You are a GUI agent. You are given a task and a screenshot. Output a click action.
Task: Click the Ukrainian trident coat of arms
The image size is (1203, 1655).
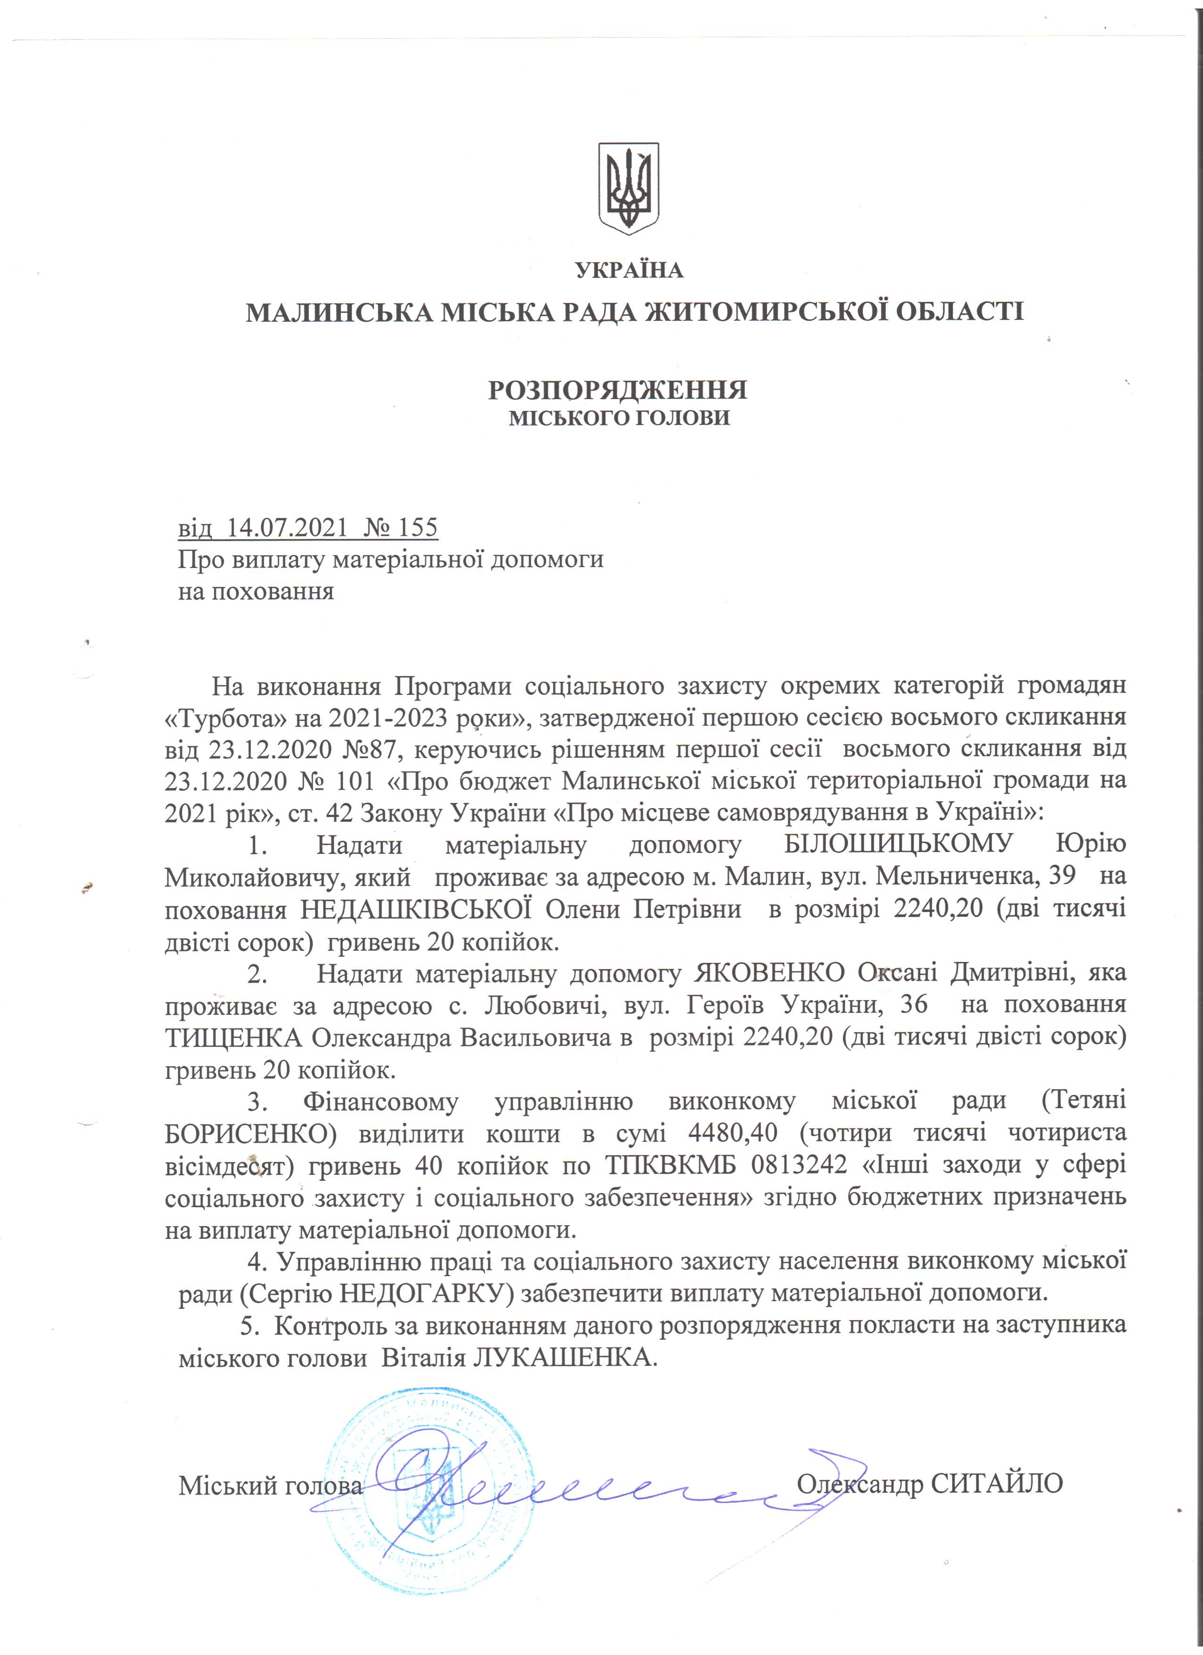point(629,188)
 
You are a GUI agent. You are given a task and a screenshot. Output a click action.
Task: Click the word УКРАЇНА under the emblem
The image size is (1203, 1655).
point(629,271)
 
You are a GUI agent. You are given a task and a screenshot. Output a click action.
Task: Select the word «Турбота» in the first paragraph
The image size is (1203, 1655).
point(226,718)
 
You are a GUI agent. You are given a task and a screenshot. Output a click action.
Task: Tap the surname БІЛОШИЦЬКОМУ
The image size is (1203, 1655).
point(899,844)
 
